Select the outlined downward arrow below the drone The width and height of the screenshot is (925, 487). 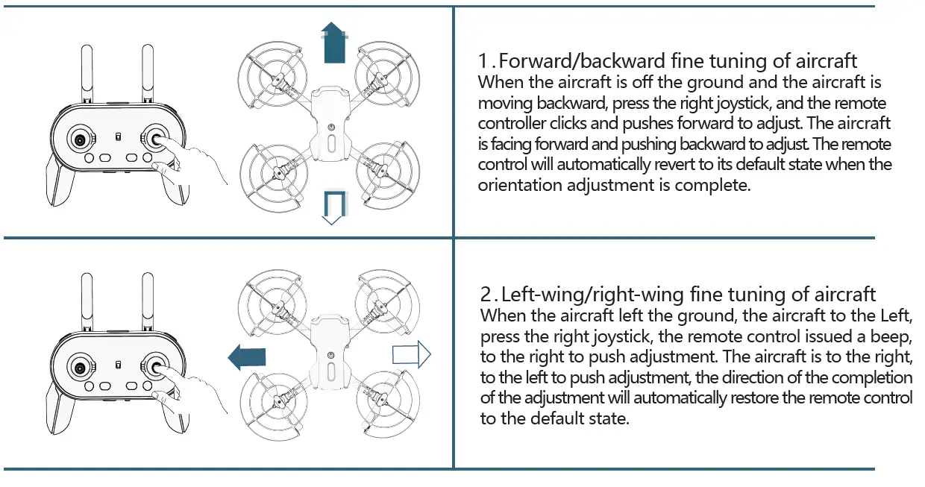[332, 206]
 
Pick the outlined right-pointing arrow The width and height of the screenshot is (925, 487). [413, 354]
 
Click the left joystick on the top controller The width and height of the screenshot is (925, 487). [80, 139]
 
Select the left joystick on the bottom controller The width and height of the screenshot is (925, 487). [80, 366]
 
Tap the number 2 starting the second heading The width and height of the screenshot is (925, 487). [486, 294]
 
